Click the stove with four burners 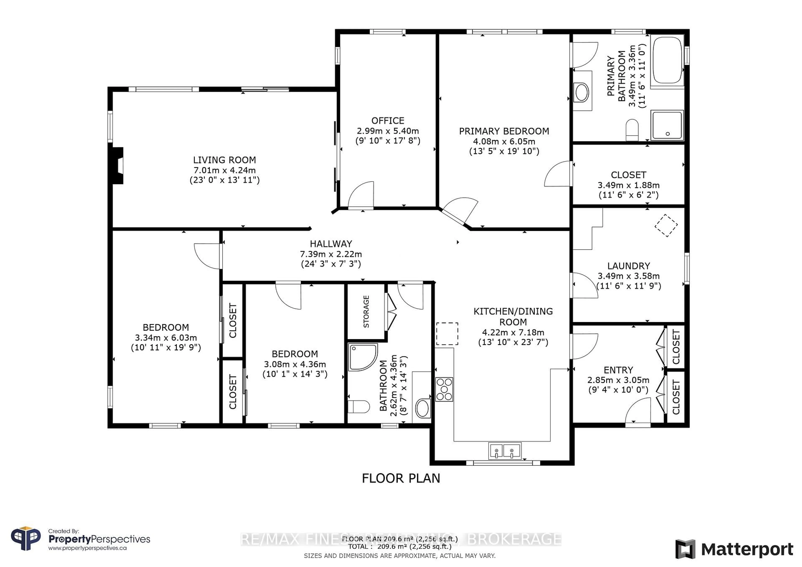[x=444, y=389]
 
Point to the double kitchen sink [x=504, y=451]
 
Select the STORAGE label [x=366, y=311]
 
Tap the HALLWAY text [x=331, y=244]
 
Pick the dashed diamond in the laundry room [x=666, y=225]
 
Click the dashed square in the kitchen [x=447, y=334]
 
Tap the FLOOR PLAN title [x=401, y=478]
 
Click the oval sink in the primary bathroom [x=582, y=92]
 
